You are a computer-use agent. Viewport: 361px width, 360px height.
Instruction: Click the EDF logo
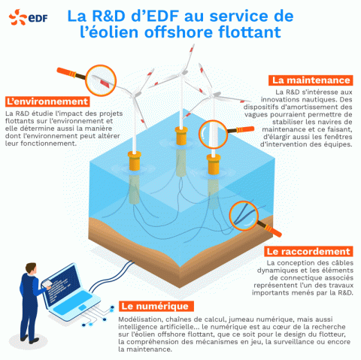click(x=28, y=17)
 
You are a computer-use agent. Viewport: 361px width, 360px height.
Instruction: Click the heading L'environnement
click(x=47, y=101)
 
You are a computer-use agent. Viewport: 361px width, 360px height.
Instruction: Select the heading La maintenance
click(x=311, y=80)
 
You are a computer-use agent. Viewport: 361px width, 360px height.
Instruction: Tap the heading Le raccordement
click(x=308, y=251)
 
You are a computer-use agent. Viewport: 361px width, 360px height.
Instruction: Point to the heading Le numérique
click(x=155, y=306)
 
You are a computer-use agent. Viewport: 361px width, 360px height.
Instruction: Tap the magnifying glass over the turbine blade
click(x=101, y=80)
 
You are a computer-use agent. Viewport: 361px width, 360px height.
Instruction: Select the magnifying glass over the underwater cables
click(x=244, y=216)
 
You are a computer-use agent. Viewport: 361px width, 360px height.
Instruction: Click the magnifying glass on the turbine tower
click(x=214, y=134)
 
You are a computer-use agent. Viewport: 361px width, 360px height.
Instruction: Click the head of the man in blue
click(x=32, y=269)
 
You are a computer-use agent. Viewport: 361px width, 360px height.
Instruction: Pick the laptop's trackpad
click(x=82, y=307)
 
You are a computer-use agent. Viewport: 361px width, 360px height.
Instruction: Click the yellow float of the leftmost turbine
click(x=135, y=161)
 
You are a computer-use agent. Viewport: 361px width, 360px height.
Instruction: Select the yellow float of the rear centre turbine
click(x=181, y=136)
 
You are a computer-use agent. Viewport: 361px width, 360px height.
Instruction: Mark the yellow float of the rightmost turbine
click(x=214, y=165)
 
